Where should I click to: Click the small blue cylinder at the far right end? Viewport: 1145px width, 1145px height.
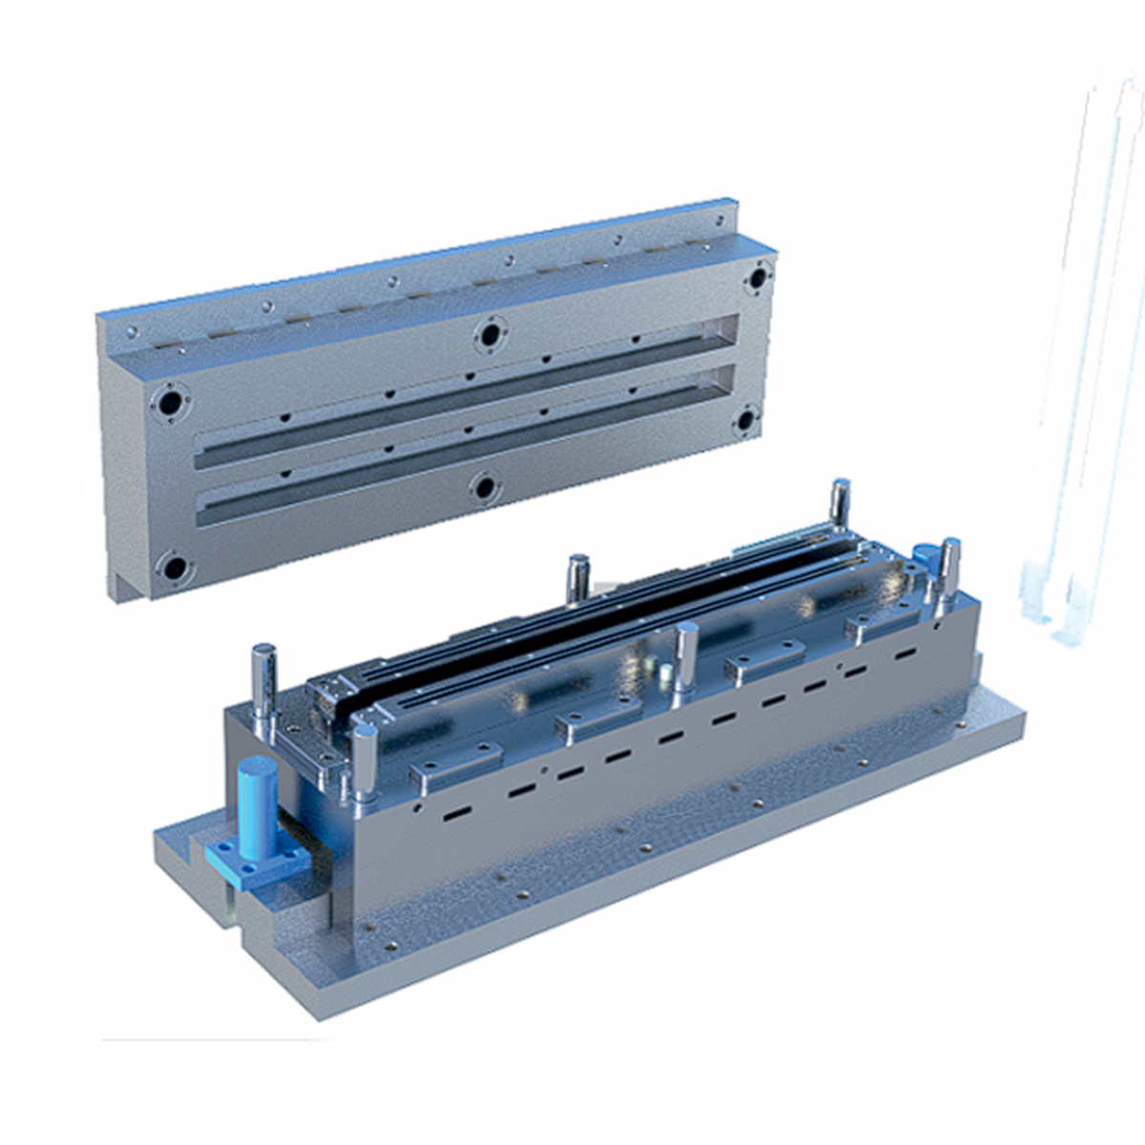(924, 559)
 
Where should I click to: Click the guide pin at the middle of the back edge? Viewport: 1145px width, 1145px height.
(577, 578)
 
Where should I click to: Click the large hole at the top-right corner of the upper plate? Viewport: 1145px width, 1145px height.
(759, 278)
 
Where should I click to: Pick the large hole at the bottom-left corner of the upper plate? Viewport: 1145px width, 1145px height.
(176, 569)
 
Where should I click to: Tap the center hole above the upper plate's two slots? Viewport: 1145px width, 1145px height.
(490, 335)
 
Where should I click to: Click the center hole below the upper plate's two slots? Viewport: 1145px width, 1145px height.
(485, 489)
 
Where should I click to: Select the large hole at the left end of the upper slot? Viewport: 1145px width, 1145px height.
(172, 404)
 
